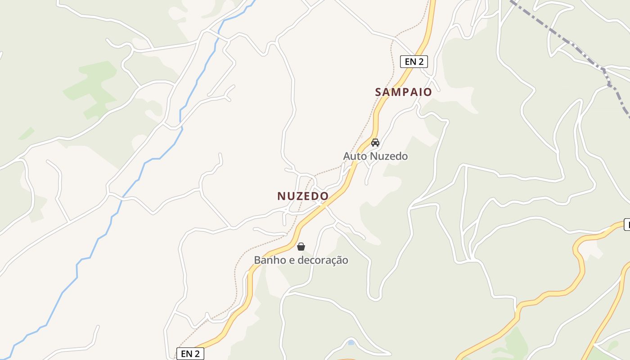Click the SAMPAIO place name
403,92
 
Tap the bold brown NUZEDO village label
303,196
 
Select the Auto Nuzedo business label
375,156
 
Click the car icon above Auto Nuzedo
375,143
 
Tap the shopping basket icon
301,247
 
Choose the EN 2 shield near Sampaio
414,62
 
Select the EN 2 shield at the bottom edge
190,354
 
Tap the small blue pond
351,343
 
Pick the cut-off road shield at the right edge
627,224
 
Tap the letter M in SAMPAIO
398,92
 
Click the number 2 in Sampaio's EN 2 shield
421,62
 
